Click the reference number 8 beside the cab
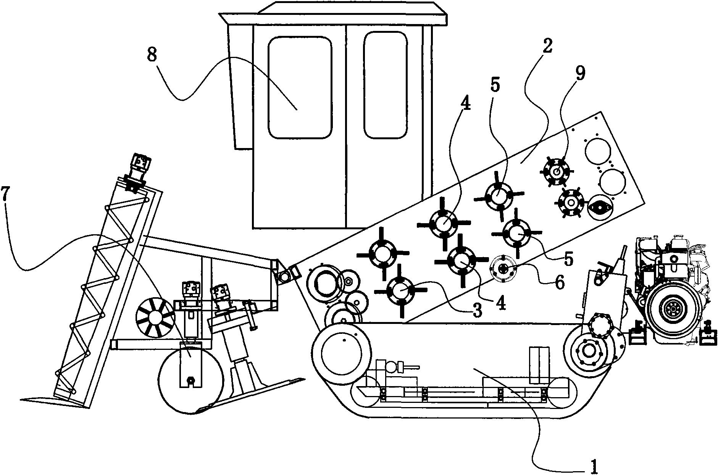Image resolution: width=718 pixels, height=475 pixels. [152, 55]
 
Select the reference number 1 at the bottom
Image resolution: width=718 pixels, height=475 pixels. [594, 465]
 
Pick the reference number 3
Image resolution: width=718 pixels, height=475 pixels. [477, 311]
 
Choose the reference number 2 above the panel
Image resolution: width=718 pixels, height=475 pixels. [547, 46]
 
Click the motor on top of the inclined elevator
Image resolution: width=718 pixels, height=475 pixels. [139, 168]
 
